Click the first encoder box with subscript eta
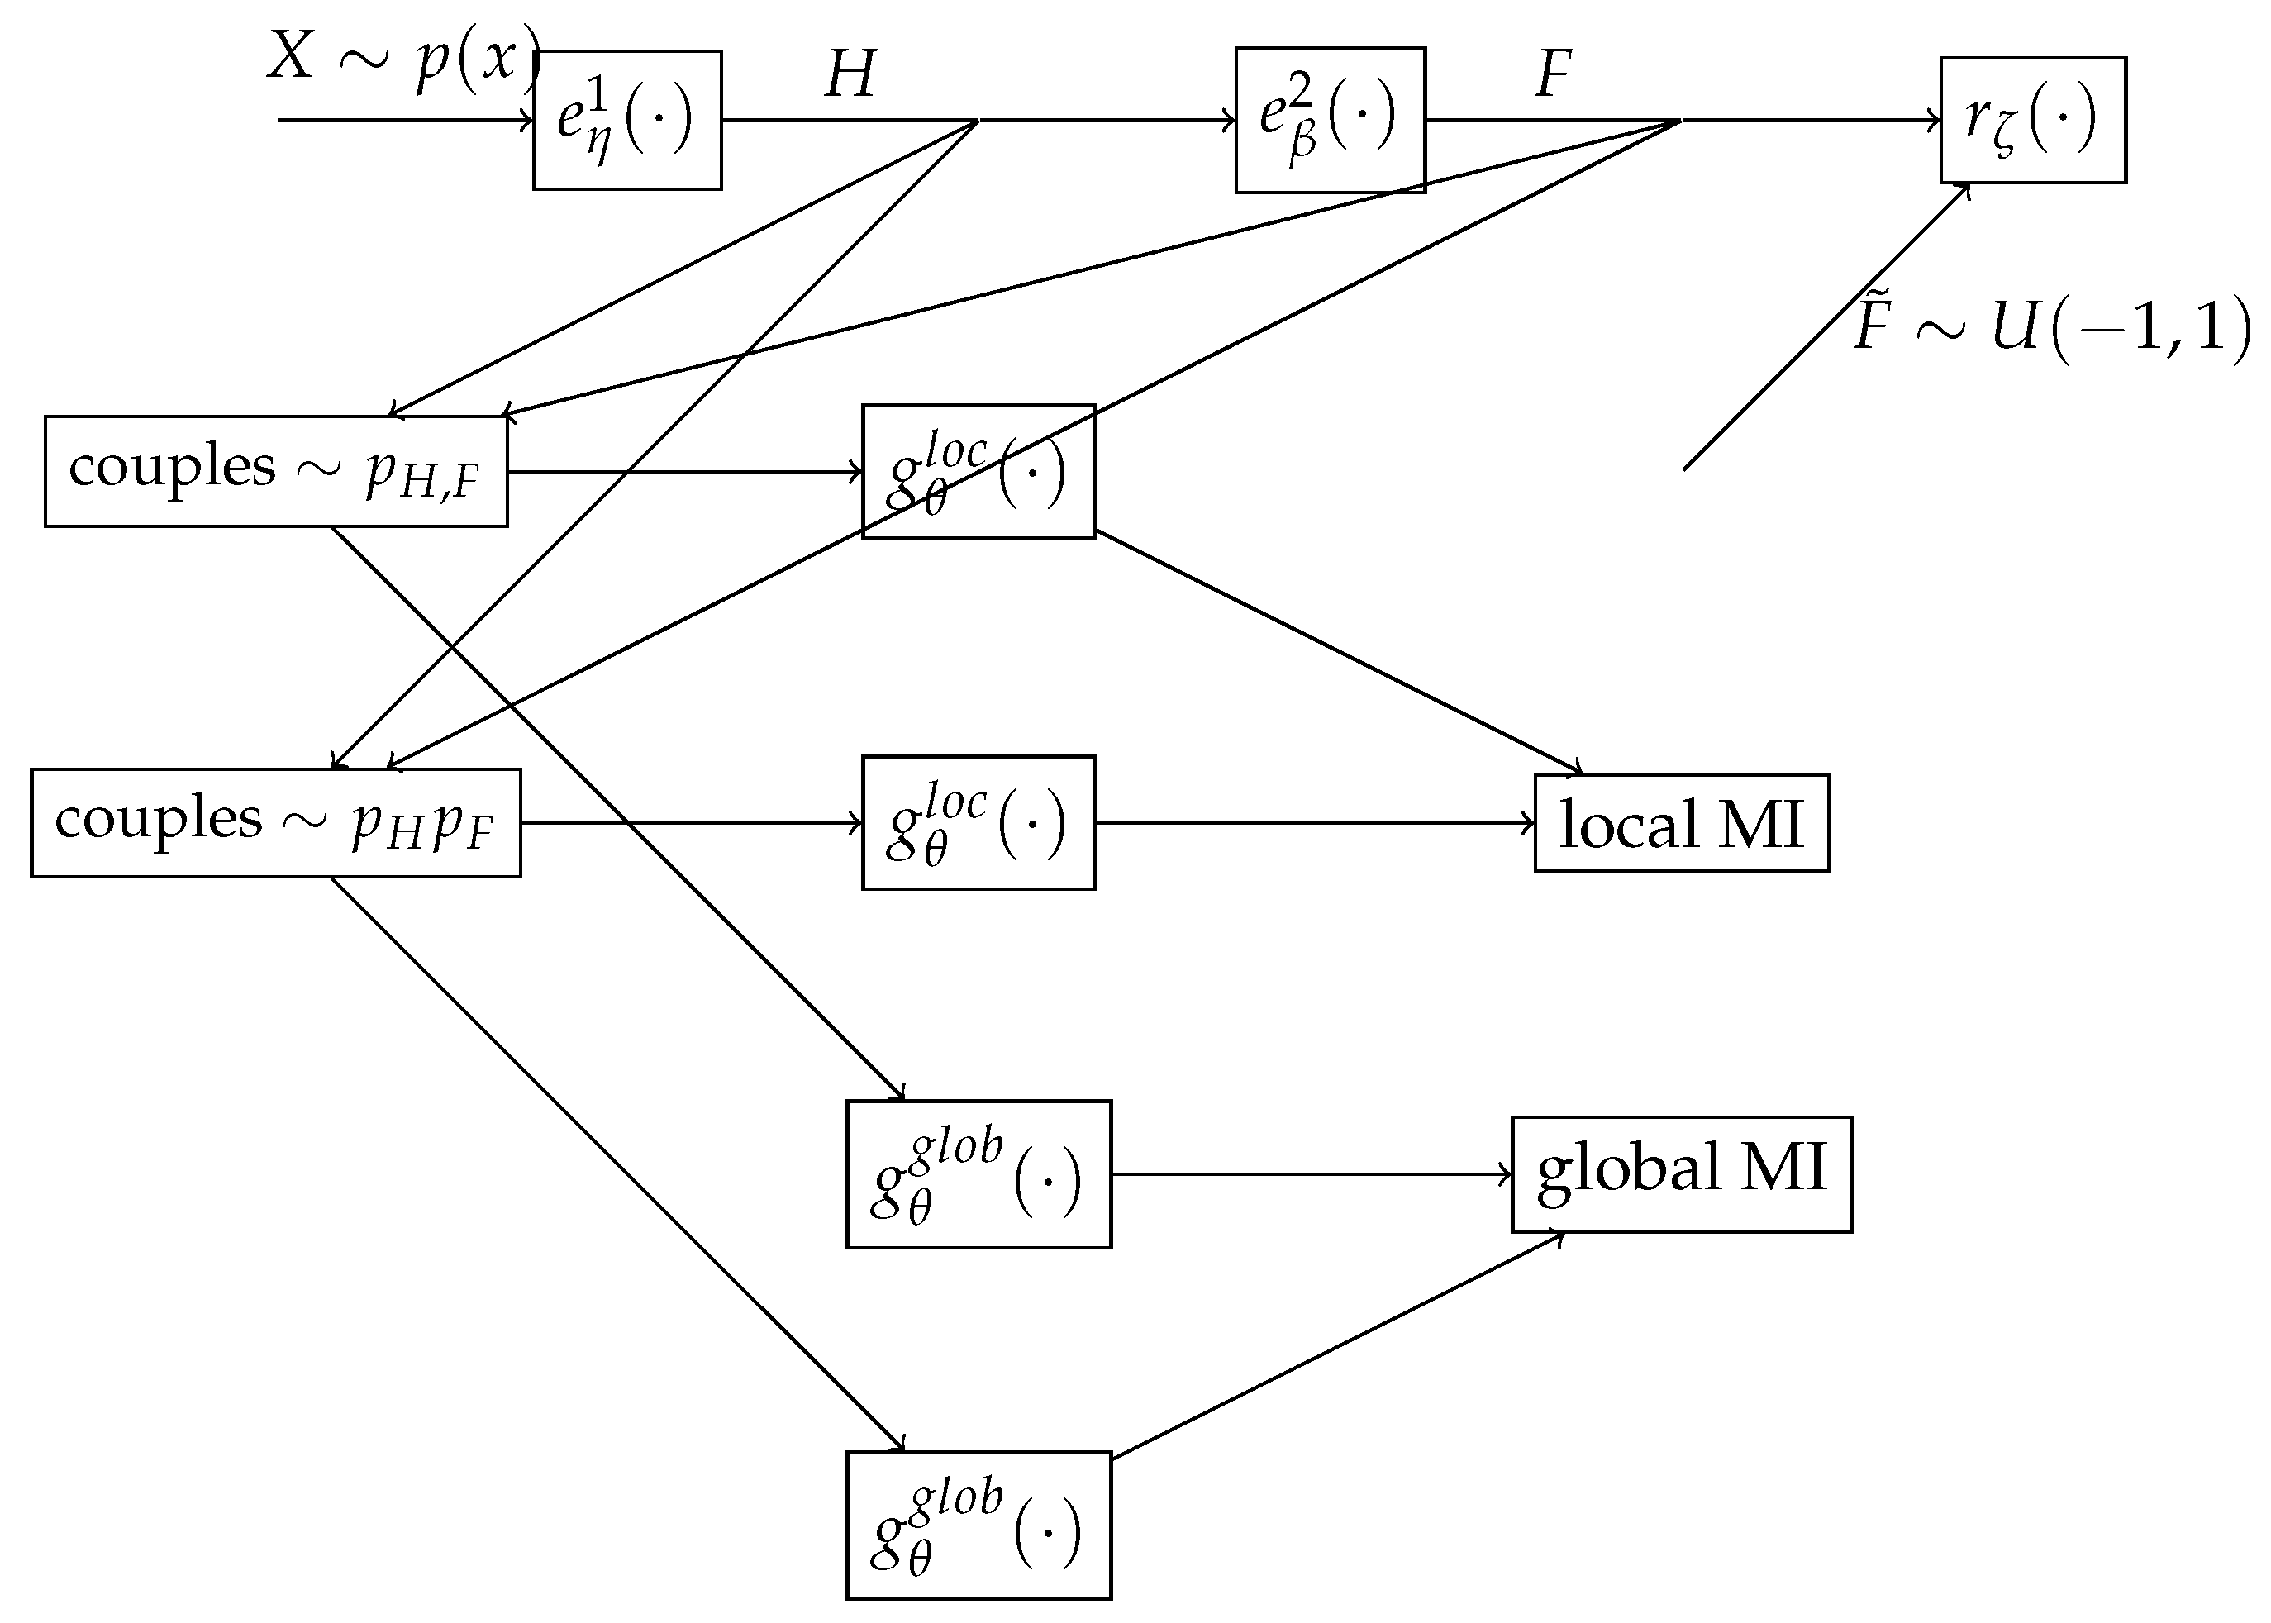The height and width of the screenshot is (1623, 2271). pos(626,120)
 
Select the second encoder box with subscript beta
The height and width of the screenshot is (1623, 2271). pos(1330,120)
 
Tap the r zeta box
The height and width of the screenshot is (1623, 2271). pos(2032,120)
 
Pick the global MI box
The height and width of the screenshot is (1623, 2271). pos(1681,1174)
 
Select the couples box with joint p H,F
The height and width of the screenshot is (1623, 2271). pos(276,471)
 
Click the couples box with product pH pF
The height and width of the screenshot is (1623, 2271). pos(276,822)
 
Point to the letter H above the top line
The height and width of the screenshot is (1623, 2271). pos(850,75)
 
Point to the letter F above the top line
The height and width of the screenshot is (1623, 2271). pos(1552,75)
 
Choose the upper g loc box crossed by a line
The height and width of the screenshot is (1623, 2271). pos(978,472)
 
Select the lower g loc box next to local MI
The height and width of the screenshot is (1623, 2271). pos(978,822)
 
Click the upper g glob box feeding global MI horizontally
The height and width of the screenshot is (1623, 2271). pos(978,1174)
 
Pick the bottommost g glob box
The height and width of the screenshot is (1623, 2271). pos(978,1525)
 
